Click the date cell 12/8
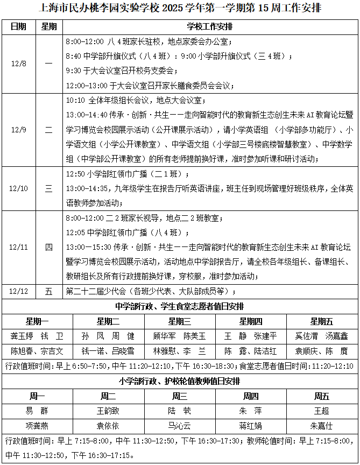tap(19, 64)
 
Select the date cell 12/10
tap(19, 188)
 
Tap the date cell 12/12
tap(19, 291)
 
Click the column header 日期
tap(19, 26)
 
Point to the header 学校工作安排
tap(210, 26)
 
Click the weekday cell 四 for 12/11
tap(49, 247)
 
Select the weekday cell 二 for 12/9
tap(49, 130)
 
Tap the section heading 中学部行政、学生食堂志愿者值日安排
tap(180, 306)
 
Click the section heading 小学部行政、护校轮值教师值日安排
tap(180, 381)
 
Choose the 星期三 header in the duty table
tap(180, 321)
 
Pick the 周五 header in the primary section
tap(322, 397)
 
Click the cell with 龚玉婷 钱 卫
tap(37, 336)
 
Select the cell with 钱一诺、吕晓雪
tap(108, 351)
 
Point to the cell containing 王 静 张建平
tap(251, 336)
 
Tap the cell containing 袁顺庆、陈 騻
tap(322, 351)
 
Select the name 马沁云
tap(179, 426)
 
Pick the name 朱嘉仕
tap(322, 426)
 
